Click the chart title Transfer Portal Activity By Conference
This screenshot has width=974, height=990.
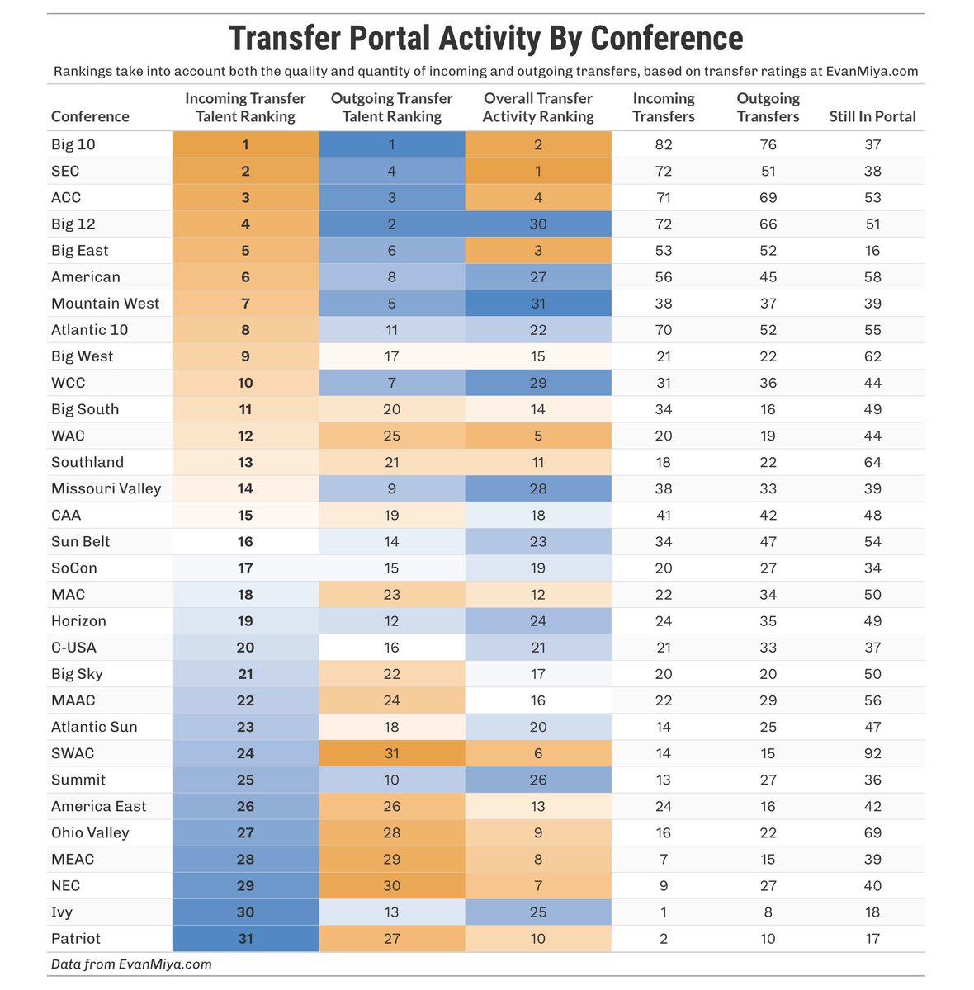[x=485, y=38]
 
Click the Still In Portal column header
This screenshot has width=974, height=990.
[x=872, y=116]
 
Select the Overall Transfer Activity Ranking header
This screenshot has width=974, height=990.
[x=538, y=107]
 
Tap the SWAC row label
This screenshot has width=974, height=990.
[x=73, y=753]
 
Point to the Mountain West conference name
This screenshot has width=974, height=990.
[x=105, y=303]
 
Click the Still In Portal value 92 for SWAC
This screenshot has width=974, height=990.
[x=872, y=753]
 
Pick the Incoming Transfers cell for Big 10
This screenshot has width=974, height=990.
[x=664, y=144]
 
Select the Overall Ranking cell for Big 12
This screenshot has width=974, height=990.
[x=538, y=224]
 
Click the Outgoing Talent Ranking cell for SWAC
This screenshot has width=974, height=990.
[x=391, y=753]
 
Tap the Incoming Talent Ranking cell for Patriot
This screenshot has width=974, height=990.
[x=245, y=938]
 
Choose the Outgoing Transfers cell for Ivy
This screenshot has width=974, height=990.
[x=768, y=912]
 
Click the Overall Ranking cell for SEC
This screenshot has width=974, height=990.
[x=538, y=171]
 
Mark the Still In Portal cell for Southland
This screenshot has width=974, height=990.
[x=872, y=462]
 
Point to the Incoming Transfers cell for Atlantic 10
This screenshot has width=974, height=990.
[x=664, y=329]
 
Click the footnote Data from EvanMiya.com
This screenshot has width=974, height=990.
[x=131, y=964]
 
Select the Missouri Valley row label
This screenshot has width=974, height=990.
[x=106, y=488]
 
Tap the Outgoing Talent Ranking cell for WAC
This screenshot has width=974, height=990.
[x=391, y=436]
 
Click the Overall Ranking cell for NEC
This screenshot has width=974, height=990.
[x=538, y=885]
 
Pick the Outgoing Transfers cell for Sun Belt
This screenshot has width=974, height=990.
[x=768, y=541]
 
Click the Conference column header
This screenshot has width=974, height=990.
[x=90, y=116]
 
